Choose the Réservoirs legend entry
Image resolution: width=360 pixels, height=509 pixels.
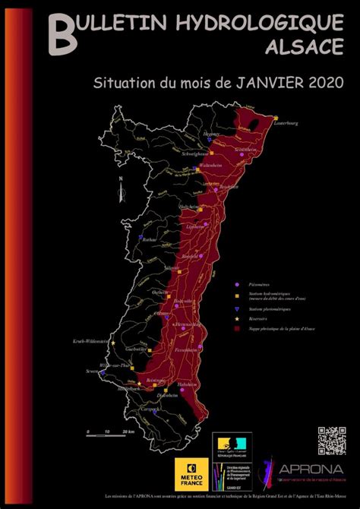pos(251,320)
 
